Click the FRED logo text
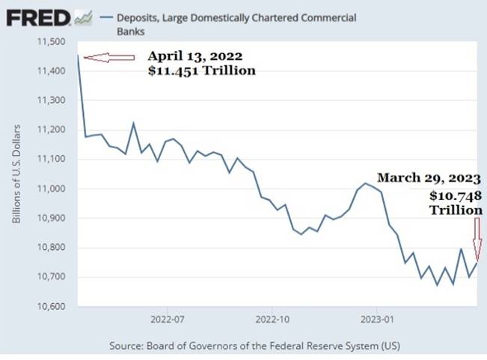tap(38, 16)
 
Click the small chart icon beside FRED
tap(83, 16)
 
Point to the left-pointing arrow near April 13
tap(108, 57)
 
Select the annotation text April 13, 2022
tap(195, 56)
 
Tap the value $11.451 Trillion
tap(202, 70)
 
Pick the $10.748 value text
tap(454, 195)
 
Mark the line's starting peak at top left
tap(78, 55)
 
